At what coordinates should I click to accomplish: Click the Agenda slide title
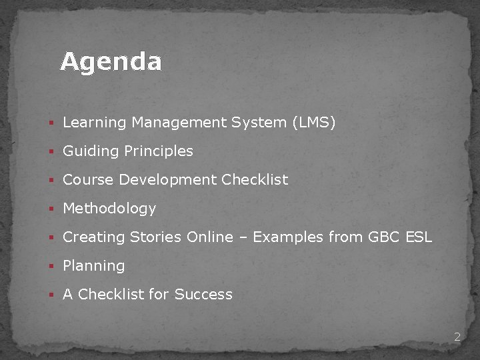tap(111, 62)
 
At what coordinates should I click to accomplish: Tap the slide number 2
tap(457, 337)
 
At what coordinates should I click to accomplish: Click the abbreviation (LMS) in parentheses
tap(313, 123)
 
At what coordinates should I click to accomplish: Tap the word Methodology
tap(109, 209)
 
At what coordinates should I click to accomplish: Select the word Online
tap(210, 237)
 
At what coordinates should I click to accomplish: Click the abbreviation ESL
tap(419, 237)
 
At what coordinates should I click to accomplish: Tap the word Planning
tap(94, 266)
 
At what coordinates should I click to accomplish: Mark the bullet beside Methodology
tap(51, 209)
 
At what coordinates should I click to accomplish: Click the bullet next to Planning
tap(51, 267)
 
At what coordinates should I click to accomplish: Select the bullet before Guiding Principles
tap(51, 152)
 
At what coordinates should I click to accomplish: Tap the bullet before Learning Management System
tap(51, 123)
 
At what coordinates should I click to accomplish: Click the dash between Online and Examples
tap(242, 238)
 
